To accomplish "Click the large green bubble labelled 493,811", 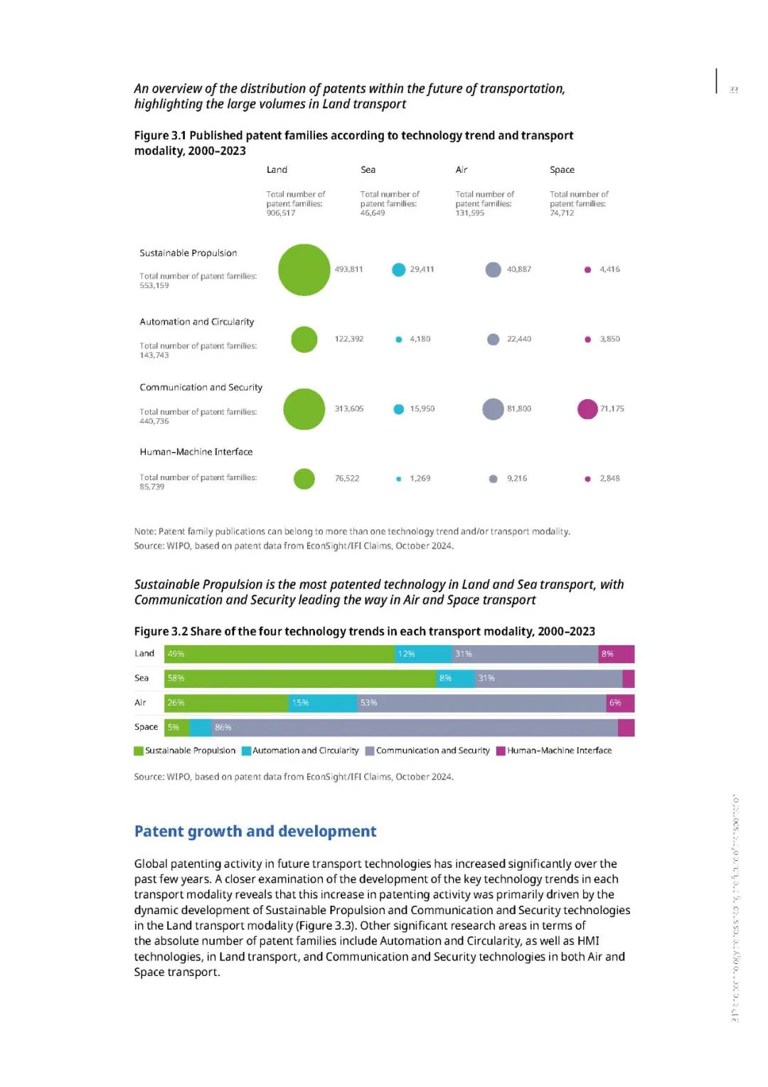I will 304,270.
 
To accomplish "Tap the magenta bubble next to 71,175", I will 587,409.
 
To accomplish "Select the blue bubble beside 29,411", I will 398,270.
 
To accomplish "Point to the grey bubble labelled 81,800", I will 493,409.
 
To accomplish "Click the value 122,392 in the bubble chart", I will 348,339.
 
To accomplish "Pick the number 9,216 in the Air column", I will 517,479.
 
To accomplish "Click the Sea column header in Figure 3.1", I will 368,170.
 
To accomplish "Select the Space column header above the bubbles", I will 562,170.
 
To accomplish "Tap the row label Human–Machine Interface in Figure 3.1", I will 196,452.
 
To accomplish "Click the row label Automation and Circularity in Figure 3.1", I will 196,322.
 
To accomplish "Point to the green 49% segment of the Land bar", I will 279,654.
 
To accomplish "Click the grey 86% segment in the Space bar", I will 415,728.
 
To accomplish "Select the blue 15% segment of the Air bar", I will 323,703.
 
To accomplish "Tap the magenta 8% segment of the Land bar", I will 616,654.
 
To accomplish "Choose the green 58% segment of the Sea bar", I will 300,679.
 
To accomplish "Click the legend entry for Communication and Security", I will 432,751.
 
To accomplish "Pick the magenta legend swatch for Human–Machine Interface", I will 501,751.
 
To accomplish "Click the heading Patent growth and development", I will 255,832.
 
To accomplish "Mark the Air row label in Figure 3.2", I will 140,703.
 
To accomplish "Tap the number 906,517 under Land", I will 281,213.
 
